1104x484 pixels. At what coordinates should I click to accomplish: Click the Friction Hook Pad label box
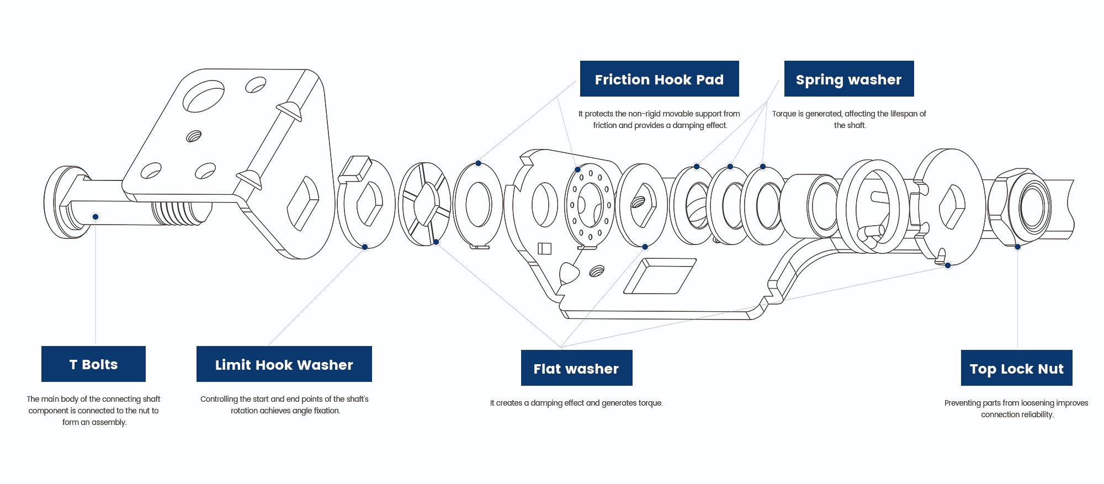coord(659,79)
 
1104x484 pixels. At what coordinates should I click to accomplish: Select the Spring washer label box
coord(848,79)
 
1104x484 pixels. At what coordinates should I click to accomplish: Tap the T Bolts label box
coord(93,364)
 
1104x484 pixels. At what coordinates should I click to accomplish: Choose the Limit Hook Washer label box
coord(284,364)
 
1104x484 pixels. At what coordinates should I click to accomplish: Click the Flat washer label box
coord(576,368)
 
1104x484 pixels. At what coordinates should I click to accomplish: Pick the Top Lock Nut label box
coord(1016,368)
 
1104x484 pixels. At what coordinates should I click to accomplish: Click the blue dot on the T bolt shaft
coord(95,216)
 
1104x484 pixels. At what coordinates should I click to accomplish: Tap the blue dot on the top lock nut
coord(1017,247)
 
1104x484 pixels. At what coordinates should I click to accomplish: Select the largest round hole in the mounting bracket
coord(203,96)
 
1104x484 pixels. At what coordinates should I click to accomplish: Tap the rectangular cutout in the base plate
coord(660,276)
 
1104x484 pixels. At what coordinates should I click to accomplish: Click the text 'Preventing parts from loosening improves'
coord(1016,403)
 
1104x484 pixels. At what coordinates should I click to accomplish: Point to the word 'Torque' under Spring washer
coord(783,114)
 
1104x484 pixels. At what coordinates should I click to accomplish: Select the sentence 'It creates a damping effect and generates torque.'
coord(576,403)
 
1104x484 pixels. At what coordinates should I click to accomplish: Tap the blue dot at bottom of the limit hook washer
coord(365,247)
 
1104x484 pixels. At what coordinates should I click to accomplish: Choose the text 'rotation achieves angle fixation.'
coord(285,411)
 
